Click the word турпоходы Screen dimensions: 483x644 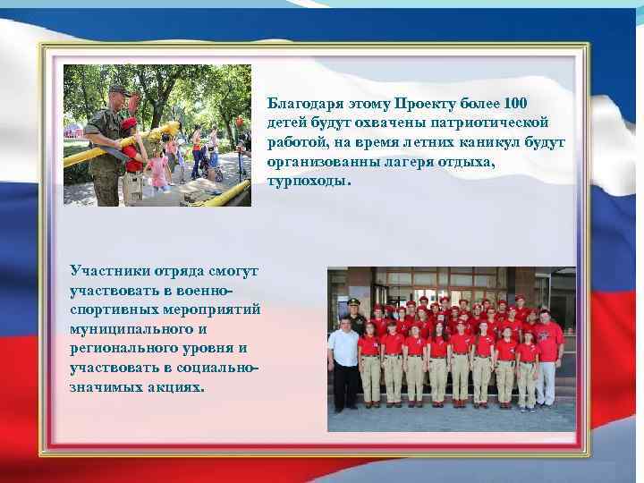[x=307, y=181]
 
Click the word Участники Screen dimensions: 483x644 [x=106, y=269]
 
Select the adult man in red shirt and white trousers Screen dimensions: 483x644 [x=547, y=353]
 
